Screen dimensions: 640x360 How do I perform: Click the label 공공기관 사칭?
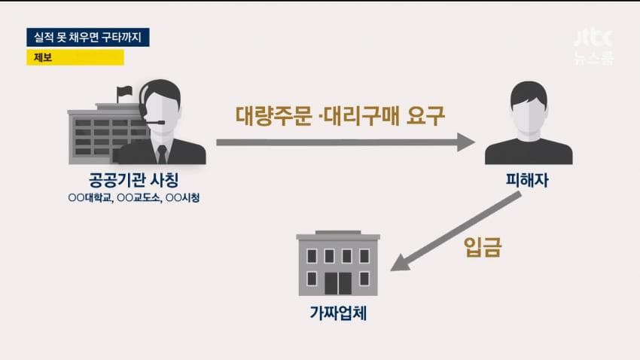point(133,180)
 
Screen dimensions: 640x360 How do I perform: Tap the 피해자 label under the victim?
point(527,180)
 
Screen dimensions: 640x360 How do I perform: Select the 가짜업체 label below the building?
point(338,313)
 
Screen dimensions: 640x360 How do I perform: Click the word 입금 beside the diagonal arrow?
point(483,247)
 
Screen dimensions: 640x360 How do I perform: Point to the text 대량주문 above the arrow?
point(274,115)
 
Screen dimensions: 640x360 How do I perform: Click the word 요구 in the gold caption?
point(425,116)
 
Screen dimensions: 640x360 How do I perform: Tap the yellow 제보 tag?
point(75,57)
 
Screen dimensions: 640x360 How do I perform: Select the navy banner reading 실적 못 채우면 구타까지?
point(88,37)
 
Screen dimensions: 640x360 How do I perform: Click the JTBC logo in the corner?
point(594,38)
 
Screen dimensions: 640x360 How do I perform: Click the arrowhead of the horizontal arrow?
point(467,142)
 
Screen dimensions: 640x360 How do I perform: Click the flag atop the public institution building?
point(124,90)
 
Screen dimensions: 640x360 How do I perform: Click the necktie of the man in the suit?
point(162,154)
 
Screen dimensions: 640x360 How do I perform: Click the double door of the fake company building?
point(338,283)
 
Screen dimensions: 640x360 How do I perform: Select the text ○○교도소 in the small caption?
point(139,198)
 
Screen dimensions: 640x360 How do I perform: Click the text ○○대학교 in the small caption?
point(90,198)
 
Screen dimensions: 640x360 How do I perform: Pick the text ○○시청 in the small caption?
point(183,198)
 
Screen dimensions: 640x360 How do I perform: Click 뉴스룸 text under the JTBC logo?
point(594,57)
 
